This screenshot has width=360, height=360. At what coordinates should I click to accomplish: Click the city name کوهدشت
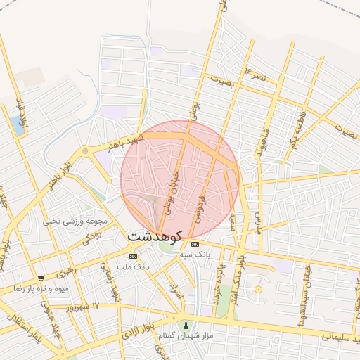pos(155,237)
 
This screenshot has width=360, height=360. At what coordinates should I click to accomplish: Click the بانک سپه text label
pos(194,254)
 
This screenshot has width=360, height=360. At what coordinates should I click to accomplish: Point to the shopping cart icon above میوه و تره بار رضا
pos(41,278)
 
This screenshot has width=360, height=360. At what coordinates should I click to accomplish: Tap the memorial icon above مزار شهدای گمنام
pos(186,325)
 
